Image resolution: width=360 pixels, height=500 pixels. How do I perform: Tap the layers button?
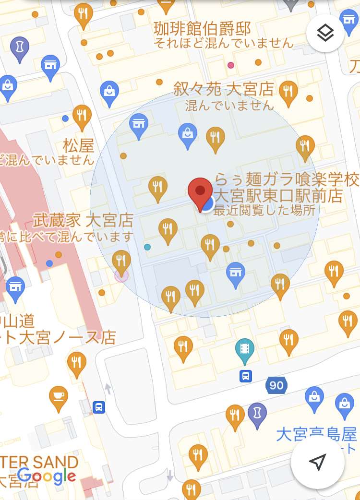[325, 33]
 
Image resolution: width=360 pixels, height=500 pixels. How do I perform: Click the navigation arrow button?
[317, 462]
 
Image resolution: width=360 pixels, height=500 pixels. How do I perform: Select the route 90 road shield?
[276, 385]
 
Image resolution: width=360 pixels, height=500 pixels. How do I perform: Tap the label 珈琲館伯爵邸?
[202, 29]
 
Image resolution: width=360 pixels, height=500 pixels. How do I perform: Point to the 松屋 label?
[78, 145]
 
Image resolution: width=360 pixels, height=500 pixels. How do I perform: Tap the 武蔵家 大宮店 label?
[83, 220]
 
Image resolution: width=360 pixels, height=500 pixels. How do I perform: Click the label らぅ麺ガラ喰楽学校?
[286, 180]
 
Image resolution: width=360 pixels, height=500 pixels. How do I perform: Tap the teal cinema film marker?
[245, 349]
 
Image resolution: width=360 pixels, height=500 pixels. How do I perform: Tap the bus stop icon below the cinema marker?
[246, 375]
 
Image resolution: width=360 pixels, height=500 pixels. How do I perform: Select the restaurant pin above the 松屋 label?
[82, 116]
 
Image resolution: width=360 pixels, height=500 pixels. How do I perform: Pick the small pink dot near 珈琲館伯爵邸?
[231, 65]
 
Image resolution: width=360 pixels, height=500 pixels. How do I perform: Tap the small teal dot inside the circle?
[147, 247]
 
